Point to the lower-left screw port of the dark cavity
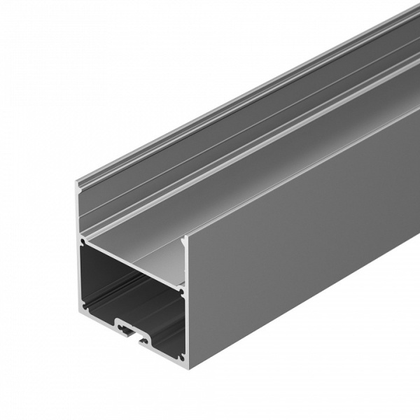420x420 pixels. tap(85, 306)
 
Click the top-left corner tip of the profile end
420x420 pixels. tap(78, 183)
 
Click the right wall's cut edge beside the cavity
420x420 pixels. tap(185, 322)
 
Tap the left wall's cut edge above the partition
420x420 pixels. tap(79, 210)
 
